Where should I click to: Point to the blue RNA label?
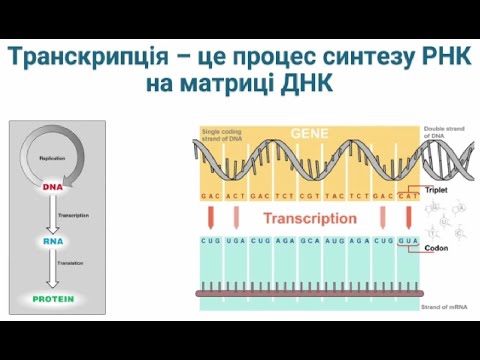(53, 241)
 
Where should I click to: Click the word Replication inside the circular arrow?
(53, 158)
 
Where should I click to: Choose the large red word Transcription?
(310, 217)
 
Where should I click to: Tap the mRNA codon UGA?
(236, 241)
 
